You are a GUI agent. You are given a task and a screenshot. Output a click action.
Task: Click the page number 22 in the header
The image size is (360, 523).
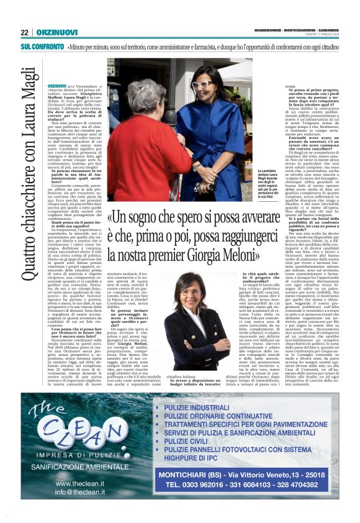[x=25, y=32]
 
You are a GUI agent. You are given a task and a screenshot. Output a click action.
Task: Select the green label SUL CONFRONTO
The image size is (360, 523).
[x=42, y=47]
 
